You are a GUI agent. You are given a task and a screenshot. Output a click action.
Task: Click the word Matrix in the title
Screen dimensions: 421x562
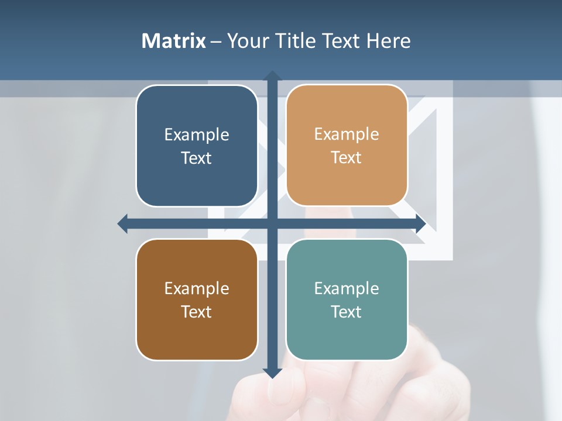174,41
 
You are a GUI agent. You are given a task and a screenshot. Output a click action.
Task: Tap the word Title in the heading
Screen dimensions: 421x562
296,41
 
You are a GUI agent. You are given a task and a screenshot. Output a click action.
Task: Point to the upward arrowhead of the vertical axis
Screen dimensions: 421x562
272,76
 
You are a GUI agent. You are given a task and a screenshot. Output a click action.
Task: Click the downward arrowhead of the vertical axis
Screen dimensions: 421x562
272,372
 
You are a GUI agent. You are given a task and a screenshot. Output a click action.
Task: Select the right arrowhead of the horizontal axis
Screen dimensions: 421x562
420,223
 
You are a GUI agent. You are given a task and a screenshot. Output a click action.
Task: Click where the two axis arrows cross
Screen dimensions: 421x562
272,223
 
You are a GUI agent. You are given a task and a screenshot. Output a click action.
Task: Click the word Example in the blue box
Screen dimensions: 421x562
197,134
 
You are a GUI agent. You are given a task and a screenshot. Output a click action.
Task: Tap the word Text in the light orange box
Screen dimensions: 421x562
347,158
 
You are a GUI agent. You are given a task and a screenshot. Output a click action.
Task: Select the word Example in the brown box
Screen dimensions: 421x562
197,288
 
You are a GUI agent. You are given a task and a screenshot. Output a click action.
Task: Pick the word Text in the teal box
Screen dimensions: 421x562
347,312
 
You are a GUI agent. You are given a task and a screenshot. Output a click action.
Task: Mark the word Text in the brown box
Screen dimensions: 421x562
197,312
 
